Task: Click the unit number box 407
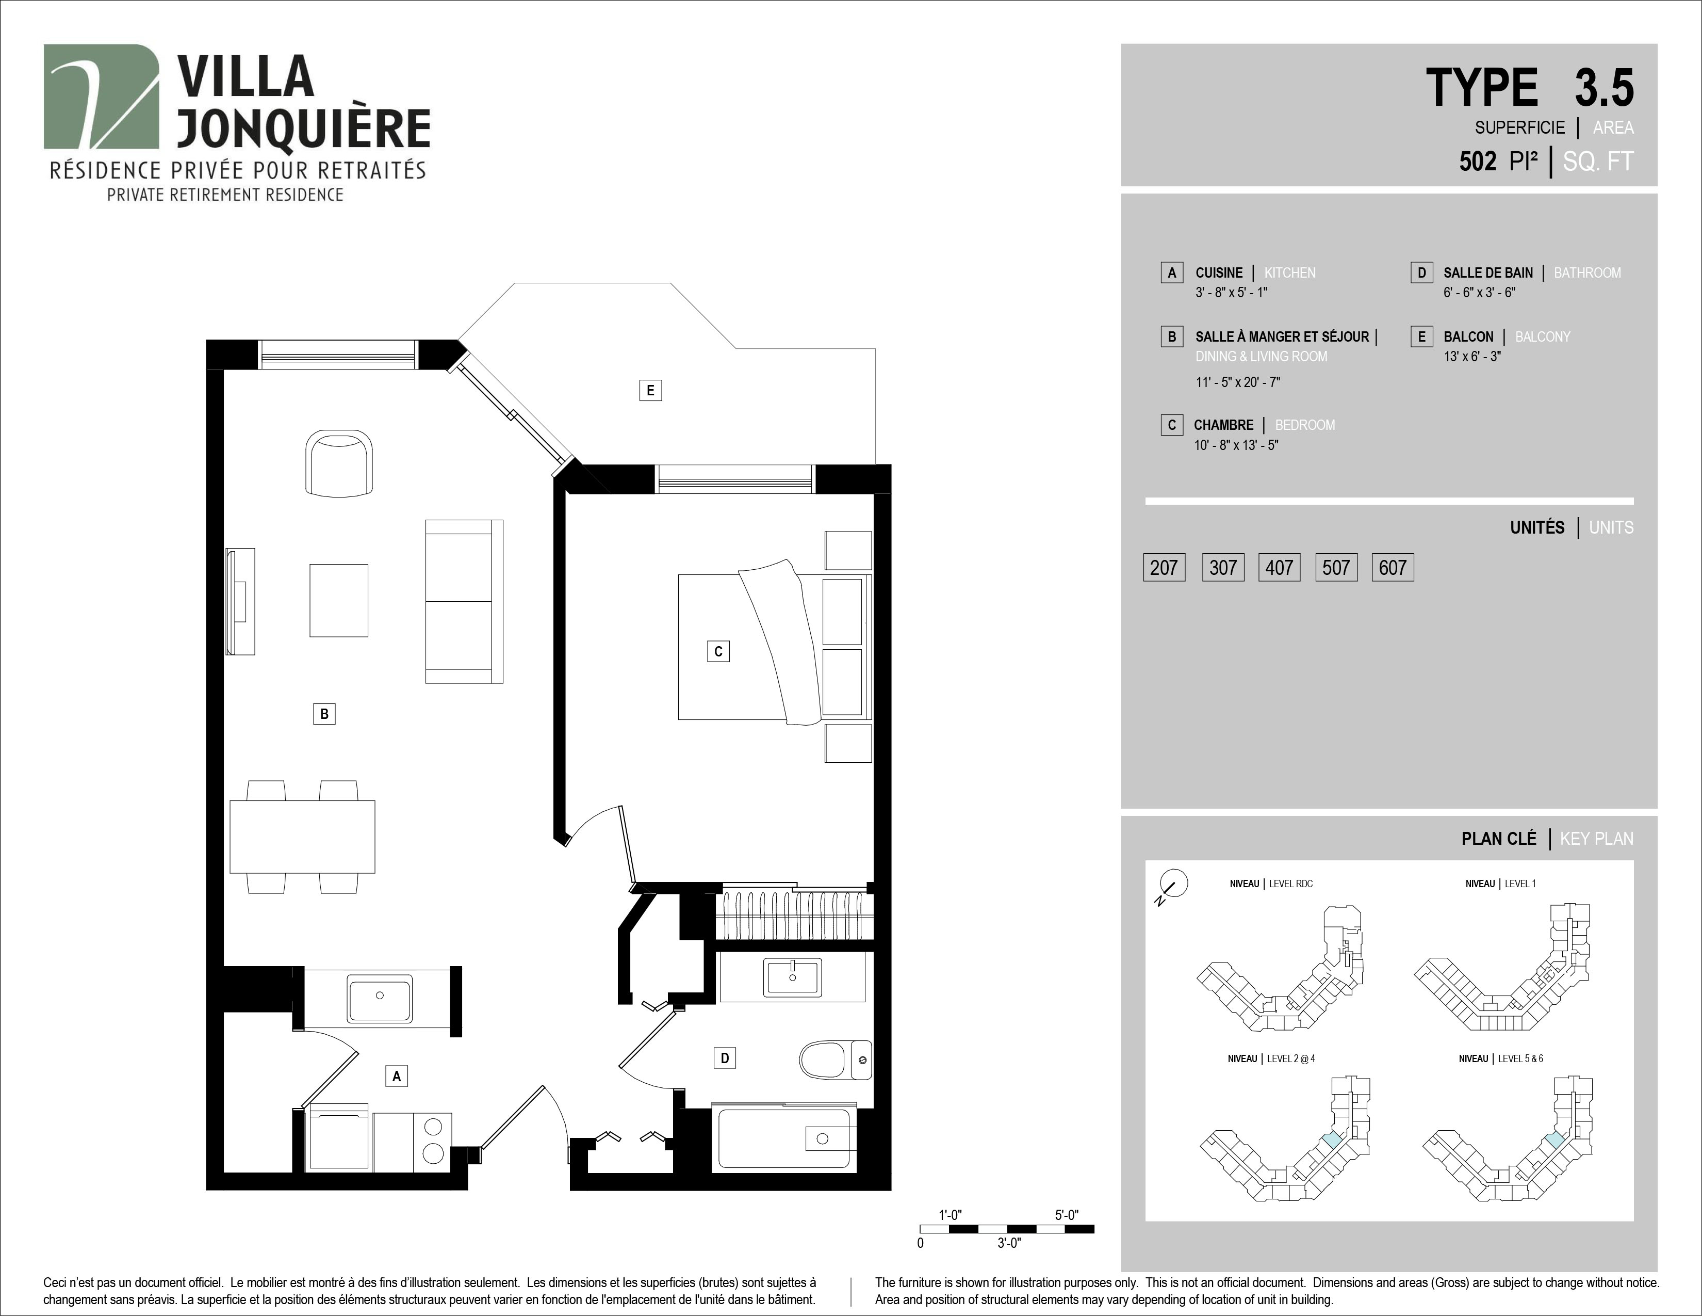1279,568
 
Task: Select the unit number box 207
1164,568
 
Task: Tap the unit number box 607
1393,568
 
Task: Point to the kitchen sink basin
380,997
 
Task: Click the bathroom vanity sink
793,977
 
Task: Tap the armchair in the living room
339,462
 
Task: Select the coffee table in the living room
339,600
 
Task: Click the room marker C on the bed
718,651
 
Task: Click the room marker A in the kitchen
397,1076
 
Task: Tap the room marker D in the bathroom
725,1058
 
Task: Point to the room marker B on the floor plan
324,713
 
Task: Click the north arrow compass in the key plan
1172,884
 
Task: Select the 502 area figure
1478,162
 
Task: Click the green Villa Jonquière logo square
101,97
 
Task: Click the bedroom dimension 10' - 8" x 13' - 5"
1236,445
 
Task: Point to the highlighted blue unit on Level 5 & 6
1554,1140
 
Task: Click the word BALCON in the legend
1468,337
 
